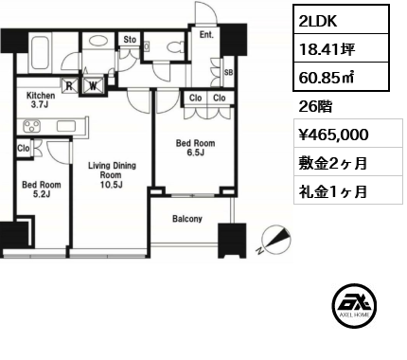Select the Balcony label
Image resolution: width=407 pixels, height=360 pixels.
186,219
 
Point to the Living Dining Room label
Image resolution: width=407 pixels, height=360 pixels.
111,176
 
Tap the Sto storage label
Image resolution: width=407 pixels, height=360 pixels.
129,41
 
